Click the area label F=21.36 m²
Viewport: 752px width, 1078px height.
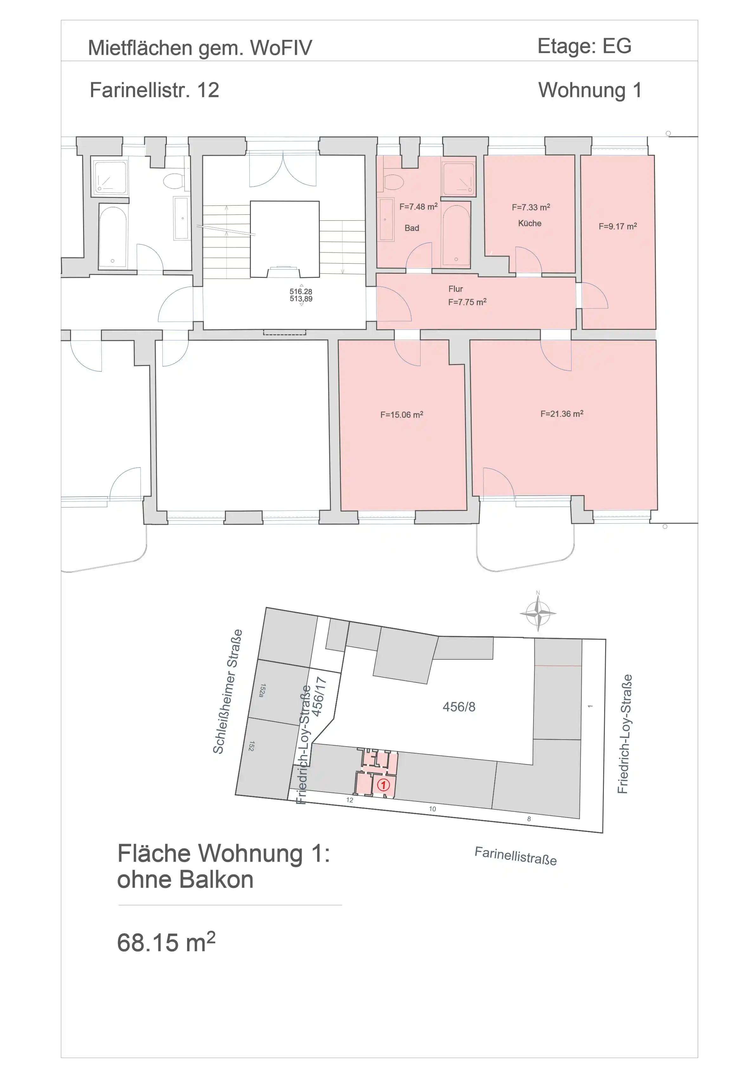point(562,414)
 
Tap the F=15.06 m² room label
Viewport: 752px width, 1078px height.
point(402,415)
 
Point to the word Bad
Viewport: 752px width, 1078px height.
point(412,228)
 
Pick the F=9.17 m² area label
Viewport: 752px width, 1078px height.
point(618,226)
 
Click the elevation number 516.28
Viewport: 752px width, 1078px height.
point(301,291)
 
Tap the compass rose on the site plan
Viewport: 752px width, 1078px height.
point(538,613)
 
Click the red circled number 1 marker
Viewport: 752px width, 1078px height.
point(383,785)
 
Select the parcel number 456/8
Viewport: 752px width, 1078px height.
point(459,707)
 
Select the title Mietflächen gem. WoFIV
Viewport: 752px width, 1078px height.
point(200,48)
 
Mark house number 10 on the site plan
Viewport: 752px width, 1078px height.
point(432,808)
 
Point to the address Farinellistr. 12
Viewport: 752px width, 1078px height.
point(154,90)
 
